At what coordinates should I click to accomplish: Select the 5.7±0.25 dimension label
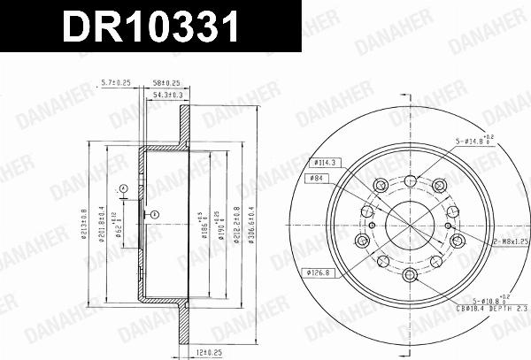tap(116, 81)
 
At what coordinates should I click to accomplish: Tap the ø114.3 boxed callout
tap(324, 163)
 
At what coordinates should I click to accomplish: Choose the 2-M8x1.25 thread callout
tap(508, 240)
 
